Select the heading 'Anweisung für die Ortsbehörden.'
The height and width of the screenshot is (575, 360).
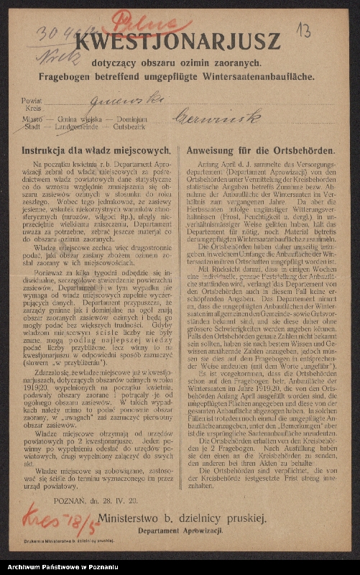coord(259,152)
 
